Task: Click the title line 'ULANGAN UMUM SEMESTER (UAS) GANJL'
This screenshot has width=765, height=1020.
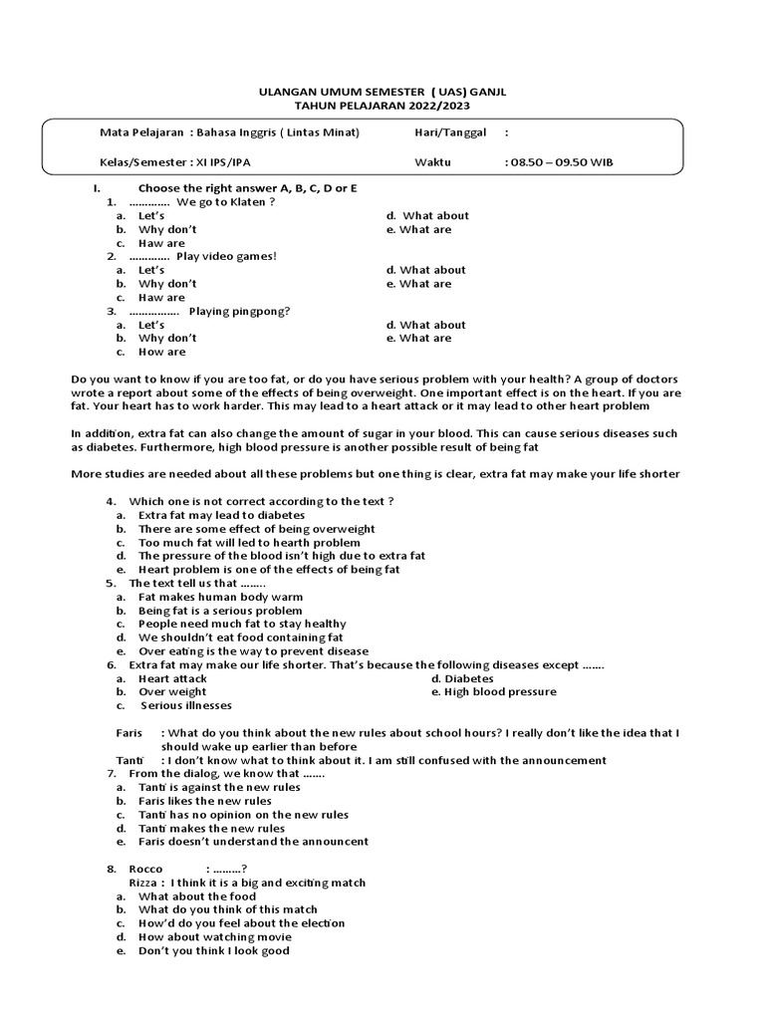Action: click(382, 92)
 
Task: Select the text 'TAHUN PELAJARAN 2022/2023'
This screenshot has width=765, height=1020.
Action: click(382, 106)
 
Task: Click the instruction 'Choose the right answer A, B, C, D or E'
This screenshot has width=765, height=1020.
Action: click(247, 188)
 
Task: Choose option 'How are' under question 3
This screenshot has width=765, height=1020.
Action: click(161, 352)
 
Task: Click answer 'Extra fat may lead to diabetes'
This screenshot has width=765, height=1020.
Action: click(221, 515)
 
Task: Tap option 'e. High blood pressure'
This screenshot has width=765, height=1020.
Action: click(493, 691)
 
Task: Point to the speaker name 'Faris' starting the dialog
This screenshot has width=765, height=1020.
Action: click(130, 732)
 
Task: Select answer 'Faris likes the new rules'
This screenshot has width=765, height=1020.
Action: click(204, 801)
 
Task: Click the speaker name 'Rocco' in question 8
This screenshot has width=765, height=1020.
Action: click(145, 869)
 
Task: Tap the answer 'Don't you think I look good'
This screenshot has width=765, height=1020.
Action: click(213, 950)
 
